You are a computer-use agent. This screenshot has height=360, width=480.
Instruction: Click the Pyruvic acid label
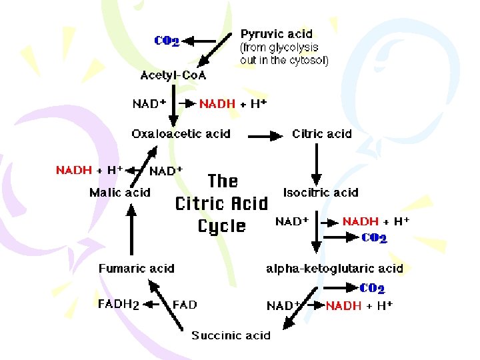tap(276, 34)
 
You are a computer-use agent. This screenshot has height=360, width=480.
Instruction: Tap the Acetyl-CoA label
tap(173, 75)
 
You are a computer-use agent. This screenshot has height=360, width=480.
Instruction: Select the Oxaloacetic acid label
tap(181, 134)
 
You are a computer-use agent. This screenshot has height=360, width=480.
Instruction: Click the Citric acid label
tap(321, 134)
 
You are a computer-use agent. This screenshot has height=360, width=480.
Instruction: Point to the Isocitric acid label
tap(321, 193)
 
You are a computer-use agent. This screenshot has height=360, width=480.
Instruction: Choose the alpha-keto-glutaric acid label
tap(335, 269)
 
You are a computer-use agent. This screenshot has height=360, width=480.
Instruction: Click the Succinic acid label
tap(231, 335)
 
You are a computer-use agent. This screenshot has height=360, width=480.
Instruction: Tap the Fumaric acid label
tap(136, 269)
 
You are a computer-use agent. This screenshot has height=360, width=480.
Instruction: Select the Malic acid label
tap(120, 193)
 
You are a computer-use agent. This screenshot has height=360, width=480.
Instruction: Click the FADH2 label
tap(119, 305)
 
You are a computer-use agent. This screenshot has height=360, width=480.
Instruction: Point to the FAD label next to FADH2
tap(185, 305)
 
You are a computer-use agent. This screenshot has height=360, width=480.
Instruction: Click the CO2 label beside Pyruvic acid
tap(167, 41)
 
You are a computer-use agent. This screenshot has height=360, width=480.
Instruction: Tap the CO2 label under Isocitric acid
tap(374, 238)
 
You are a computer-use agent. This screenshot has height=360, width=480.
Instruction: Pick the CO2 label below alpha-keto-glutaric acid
tap(372, 289)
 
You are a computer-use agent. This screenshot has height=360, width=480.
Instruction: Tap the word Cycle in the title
tap(222, 226)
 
